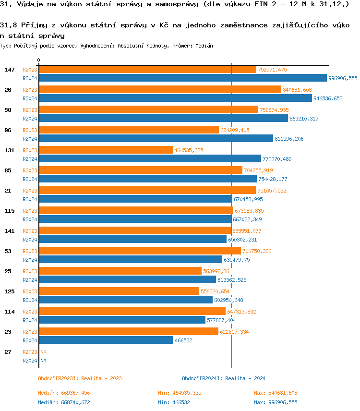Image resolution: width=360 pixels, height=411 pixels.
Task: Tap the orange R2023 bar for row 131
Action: tap(106, 150)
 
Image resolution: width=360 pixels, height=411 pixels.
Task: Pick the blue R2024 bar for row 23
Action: tap(106, 340)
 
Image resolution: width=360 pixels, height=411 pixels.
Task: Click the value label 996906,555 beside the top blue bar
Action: tap(343, 78)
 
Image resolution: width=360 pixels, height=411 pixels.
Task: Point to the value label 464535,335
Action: tap(189, 150)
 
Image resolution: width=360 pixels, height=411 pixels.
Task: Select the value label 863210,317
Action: tap(304, 119)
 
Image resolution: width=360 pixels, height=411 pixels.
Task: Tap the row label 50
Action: tap(8, 110)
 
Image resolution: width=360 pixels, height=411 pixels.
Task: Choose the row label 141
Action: tap(10, 231)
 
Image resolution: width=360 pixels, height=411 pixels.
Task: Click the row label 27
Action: tap(8, 352)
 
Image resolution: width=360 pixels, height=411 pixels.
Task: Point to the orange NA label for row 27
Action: tap(43, 352)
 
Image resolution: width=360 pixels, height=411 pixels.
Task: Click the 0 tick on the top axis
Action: tap(39, 60)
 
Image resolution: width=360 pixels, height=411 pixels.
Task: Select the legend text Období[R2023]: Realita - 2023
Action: tap(80, 378)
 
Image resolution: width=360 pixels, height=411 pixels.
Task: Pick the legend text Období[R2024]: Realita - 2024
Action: tap(224, 378)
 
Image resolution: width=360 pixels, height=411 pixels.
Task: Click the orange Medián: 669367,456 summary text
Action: tap(64, 393)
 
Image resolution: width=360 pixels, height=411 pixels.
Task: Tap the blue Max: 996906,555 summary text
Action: tap(276, 402)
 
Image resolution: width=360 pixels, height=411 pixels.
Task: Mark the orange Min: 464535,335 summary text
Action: tap(180, 393)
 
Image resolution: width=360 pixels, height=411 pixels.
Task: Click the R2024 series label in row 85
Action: tap(30, 179)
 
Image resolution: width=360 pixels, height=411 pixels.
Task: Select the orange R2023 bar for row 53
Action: tap(140, 251)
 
